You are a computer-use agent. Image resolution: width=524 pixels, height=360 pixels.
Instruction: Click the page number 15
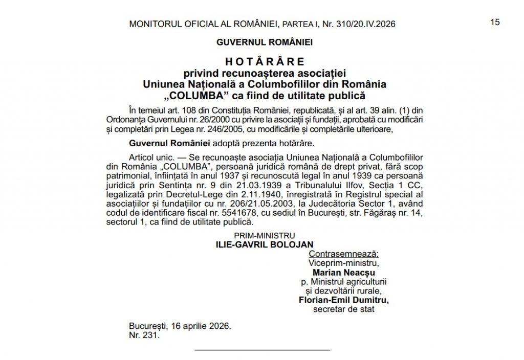[495, 22]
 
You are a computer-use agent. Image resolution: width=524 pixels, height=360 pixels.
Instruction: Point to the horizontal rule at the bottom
[263, 350]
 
